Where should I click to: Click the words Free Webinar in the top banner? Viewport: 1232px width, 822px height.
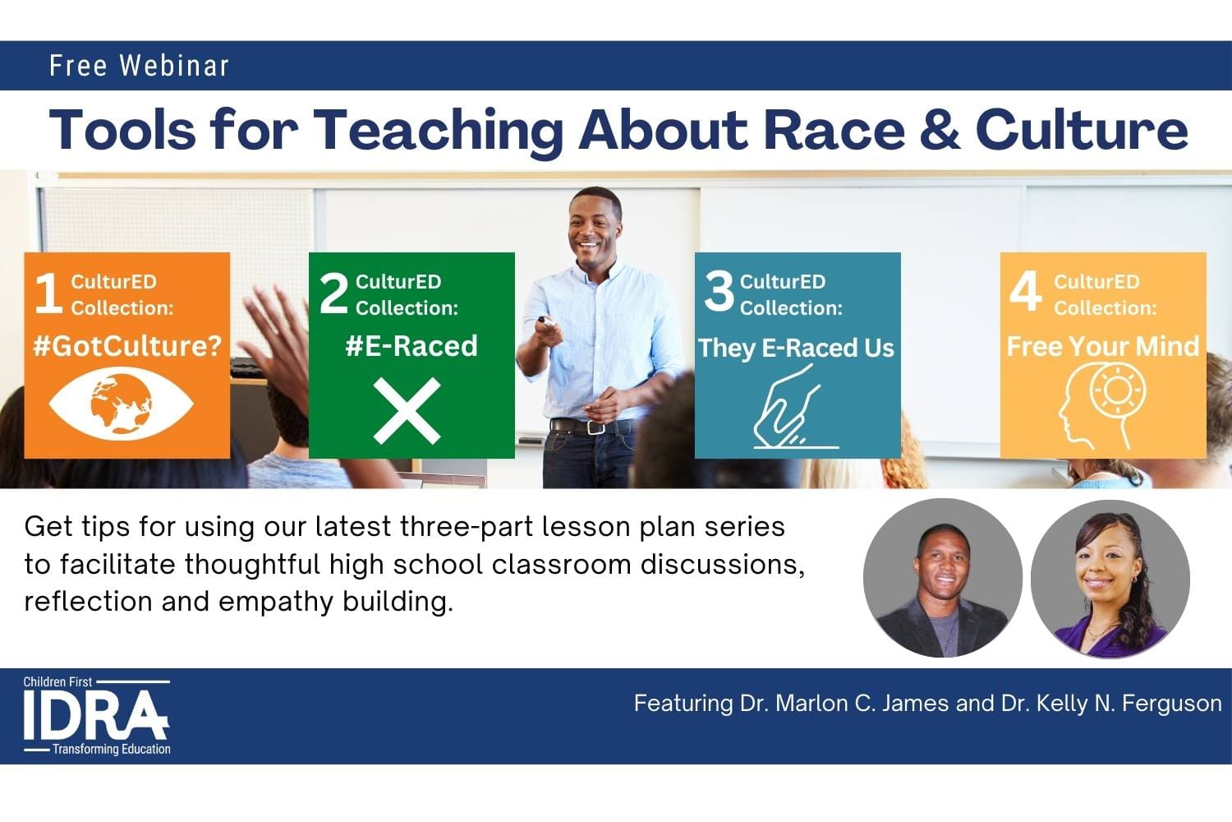[139, 66]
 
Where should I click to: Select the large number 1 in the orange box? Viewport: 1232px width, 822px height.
[48, 293]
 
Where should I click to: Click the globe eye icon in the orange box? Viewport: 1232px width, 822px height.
[121, 404]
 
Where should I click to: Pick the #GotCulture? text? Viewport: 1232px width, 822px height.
[127, 346]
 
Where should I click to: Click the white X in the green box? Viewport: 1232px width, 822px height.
[407, 411]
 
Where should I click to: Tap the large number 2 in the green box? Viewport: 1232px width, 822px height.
[333, 293]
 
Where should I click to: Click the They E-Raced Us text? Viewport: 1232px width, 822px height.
[796, 348]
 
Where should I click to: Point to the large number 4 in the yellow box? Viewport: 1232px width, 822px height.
[1025, 292]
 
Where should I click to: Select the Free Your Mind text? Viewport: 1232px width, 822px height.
[1102, 346]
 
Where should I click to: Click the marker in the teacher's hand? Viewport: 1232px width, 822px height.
[545, 320]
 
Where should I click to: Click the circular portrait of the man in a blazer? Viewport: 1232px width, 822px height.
[942, 578]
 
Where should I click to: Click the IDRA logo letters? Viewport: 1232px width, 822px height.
[94, 715]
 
